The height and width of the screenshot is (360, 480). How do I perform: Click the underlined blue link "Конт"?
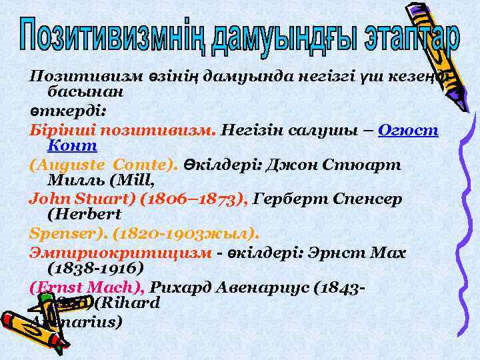tap(73, 144)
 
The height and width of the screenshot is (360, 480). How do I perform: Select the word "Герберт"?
tap(293, 198)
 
